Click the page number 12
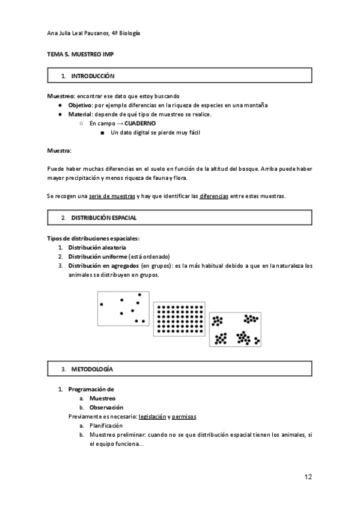pyautogui.click(x=308, y=477)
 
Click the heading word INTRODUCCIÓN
pyautogui.click(x=93, y=76)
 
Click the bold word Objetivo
pyautogui.click(x=79, y=105)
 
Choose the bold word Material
pyautogui.click(x=80, y=114)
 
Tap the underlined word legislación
pyautogui.click(x=152, y=416)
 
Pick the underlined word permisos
pyautogui.click(x=184, y=416)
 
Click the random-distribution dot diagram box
pyautogui.click(x=123, y=308)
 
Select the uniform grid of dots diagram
pyautogui.click(x=179, y=319)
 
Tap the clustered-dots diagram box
pyautogui.click(x=235, y=330)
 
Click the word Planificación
pyautogui.click(x=106, y=425)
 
